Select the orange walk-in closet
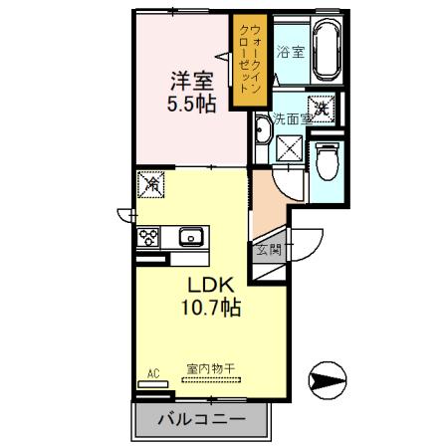click(x=248, y=62)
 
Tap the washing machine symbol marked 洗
click(x=322, y=105)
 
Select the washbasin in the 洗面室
click(x=263, y=130)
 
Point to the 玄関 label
click(x=269, y=250)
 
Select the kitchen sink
click(x=191, y=237)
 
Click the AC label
click(x=153, y=373)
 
